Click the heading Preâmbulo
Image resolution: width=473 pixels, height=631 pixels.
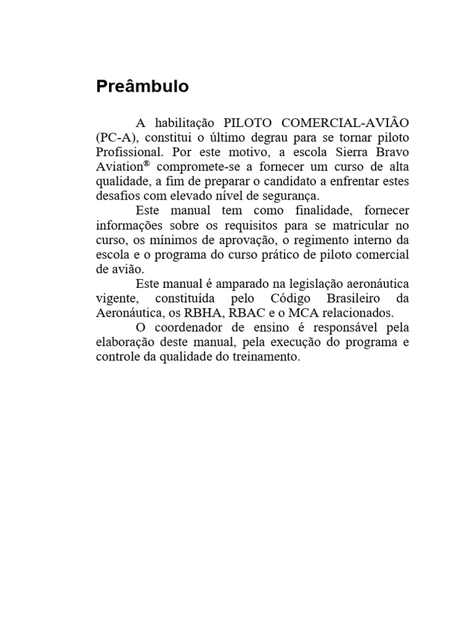(x=142, y=87)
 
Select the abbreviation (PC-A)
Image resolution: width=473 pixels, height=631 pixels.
(x=115, y=136)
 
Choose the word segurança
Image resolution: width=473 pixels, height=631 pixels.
(x=292, y=197)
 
